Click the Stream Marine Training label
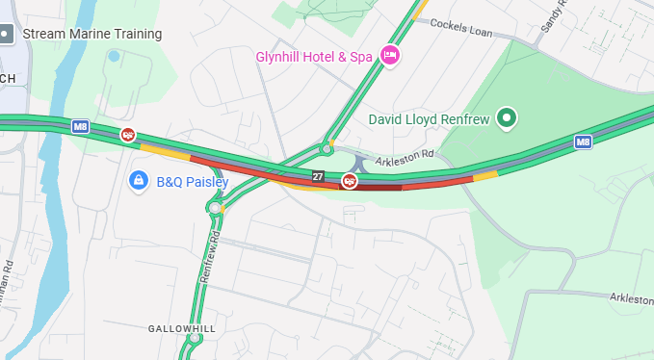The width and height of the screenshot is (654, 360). click(x=92, y=34)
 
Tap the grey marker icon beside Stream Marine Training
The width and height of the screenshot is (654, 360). click(x=6, y=34)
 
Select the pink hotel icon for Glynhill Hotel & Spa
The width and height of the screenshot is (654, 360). click(x=390, y=56)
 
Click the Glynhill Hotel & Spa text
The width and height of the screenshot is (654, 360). click(x=313, y=57)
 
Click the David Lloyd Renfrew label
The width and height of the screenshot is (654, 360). click(x=431, y=120)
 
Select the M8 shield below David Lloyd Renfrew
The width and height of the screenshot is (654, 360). click(x=583, y=141)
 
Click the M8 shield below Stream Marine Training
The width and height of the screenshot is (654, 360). click(x=81, y=126)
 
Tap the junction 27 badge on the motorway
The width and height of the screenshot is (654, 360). click(x=318, y=177)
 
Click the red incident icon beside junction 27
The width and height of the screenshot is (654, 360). click(x=350, y=180)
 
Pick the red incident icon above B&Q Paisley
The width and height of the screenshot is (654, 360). click(x=128, y=135)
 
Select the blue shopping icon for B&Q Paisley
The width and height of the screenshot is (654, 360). click(x=139, y=180)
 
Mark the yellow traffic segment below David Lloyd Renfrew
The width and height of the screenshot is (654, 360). click(x=484, y=176)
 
